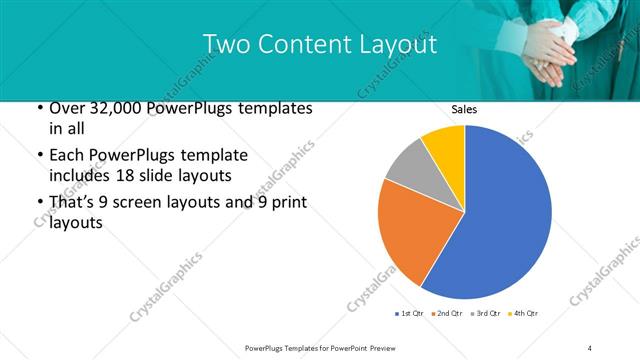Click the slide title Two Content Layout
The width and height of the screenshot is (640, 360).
[x=319, y=44]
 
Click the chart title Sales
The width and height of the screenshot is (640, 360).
[x=463, y=109]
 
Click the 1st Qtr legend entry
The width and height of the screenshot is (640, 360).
[x=411, y=314]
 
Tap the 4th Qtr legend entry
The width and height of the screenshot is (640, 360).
[x=523, y=314]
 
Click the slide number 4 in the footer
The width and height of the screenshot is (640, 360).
[x=590, y=347]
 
